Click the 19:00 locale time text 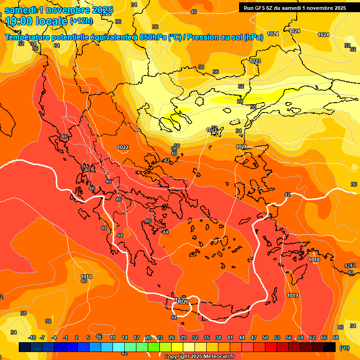pos(36,21)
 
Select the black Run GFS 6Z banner pos(295,7)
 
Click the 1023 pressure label pos(255,61)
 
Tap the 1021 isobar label pos(241,147)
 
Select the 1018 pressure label pos(314,260)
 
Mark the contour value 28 pos(240,101)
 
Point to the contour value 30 pos(253,107)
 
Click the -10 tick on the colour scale pos(32,337)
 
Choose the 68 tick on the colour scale pos(336,337)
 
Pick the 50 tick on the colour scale pos(265,337)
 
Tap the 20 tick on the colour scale pos(148,337)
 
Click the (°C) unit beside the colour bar pos(344,348)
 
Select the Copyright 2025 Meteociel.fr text pos(199,356)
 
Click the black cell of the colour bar pos(330,347)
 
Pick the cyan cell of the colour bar pos(119,347)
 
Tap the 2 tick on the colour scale pos(75,337)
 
